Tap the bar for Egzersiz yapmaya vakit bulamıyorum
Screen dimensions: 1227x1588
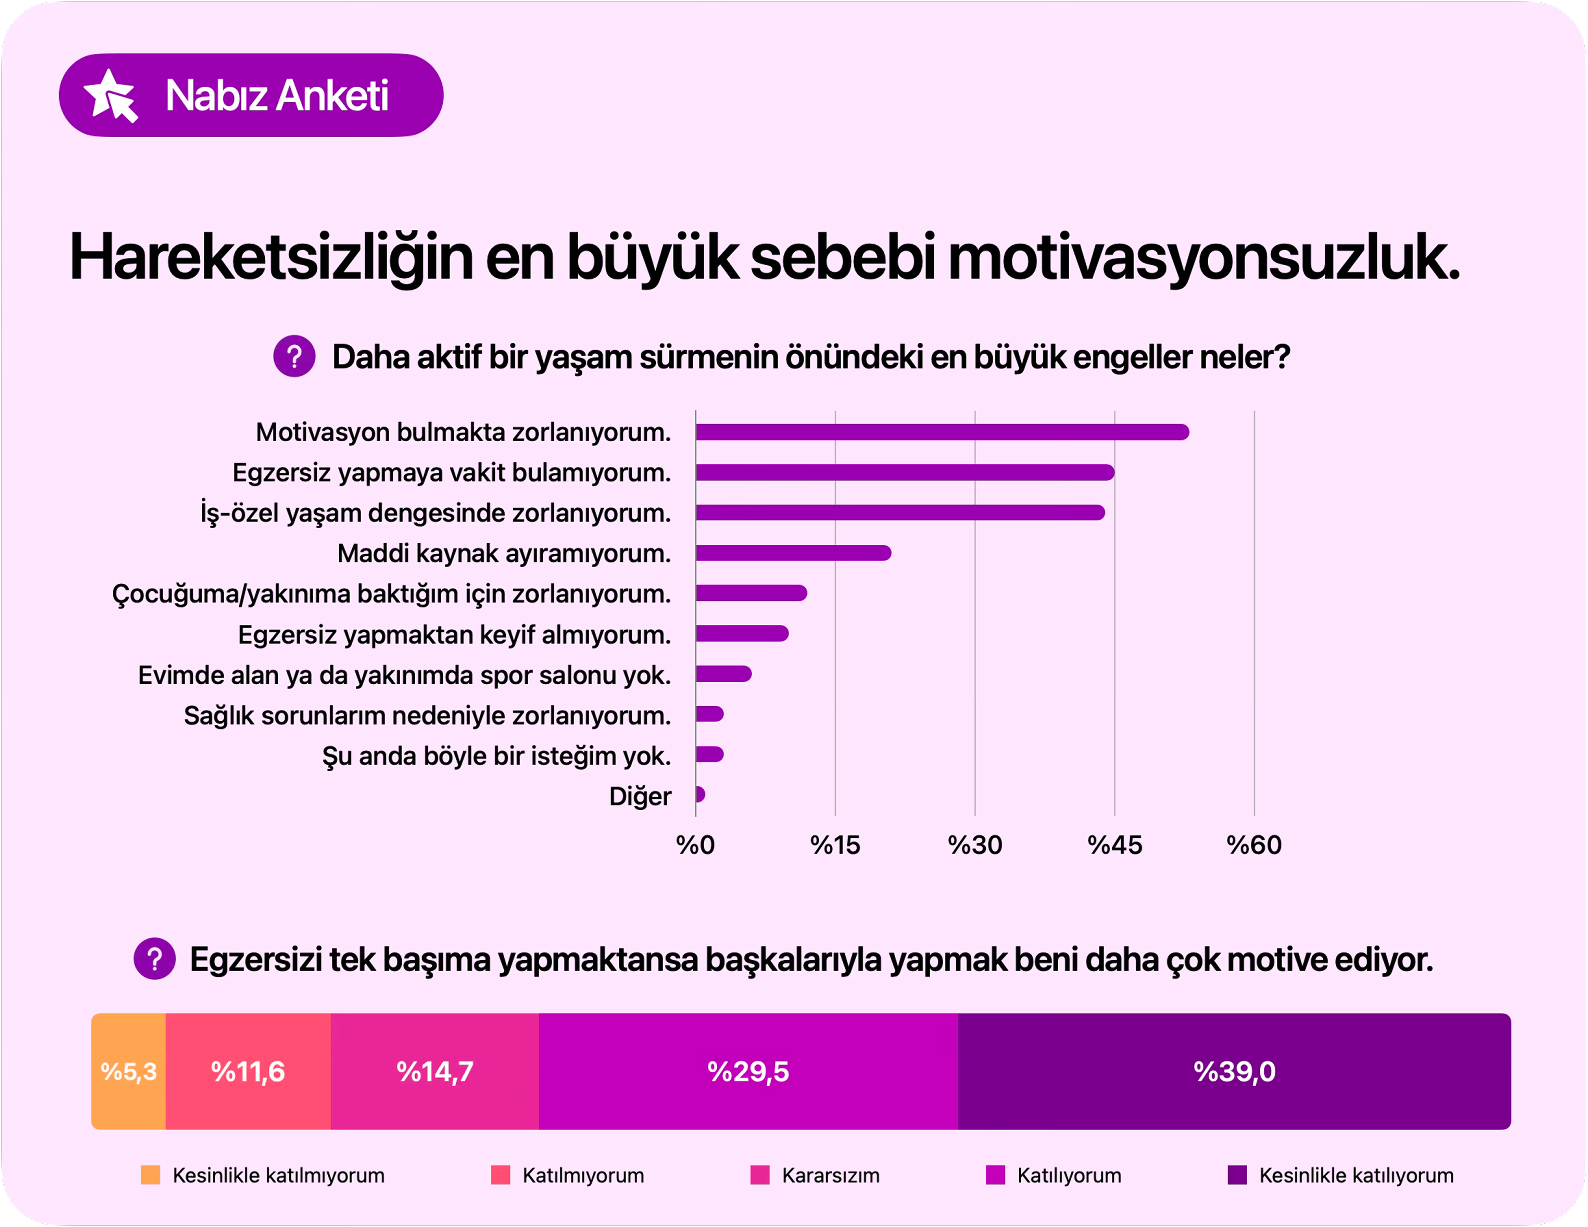[905, 472]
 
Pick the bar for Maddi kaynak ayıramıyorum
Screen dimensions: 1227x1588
[793, 553]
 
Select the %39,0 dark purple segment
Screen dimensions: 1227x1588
[1234, 1072]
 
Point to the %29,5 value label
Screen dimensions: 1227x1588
[748, 1072]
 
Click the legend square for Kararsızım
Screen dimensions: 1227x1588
[760, 1175]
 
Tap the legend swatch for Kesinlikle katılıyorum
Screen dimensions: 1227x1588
[1237, 1175]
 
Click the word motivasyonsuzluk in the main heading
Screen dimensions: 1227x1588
[1203, 258]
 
